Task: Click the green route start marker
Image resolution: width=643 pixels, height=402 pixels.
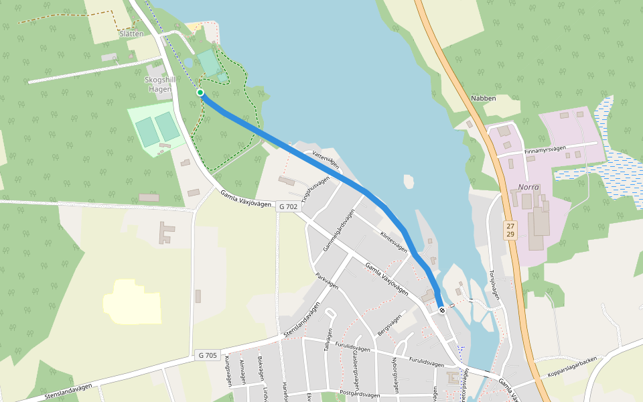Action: point(200,92)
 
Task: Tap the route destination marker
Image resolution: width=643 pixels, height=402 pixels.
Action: point(441,310)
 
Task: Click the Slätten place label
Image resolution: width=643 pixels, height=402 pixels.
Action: point(131,33)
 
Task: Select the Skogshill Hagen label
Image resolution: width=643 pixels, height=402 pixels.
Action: point(160,84)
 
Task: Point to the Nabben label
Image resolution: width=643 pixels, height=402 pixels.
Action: point(484,98)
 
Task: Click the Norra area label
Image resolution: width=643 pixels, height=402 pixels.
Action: point(528,187)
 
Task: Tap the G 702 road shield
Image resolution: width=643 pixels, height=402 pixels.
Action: point(287,207)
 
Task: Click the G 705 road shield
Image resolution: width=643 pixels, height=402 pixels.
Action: point(208,355)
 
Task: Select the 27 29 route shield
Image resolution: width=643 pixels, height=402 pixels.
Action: point(510,230)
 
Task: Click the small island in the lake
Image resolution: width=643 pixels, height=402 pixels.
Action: point(409,182)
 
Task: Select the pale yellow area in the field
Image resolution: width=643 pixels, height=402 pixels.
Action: point(133,301)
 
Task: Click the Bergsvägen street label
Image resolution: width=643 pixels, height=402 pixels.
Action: point(389,325)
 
